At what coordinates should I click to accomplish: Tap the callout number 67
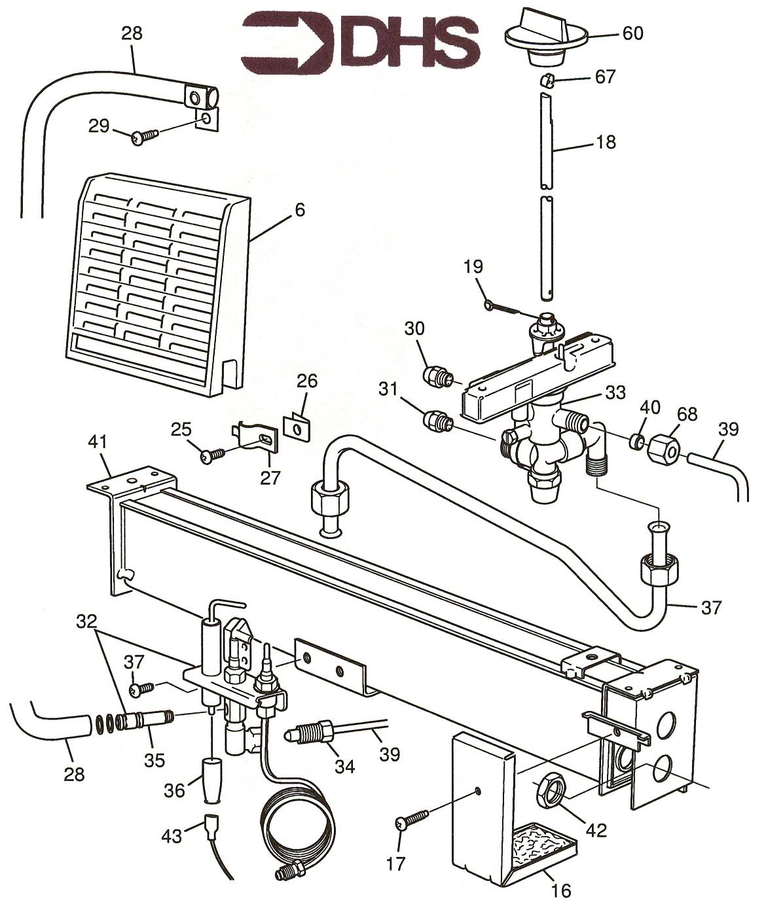pos(606,77)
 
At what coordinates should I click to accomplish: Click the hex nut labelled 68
pos(659,450)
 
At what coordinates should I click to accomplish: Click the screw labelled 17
pos(412,818)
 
